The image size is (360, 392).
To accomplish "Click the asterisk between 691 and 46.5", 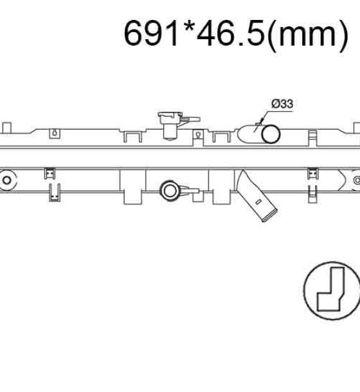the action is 187,27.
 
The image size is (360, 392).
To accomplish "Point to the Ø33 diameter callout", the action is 282,103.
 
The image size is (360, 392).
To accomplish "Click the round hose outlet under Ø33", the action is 271,134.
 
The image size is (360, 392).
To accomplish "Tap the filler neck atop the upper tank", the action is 170,125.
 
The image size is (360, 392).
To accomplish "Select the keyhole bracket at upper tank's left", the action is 55,133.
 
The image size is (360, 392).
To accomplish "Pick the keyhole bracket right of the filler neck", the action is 198,136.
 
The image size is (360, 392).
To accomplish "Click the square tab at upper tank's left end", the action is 7,127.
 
